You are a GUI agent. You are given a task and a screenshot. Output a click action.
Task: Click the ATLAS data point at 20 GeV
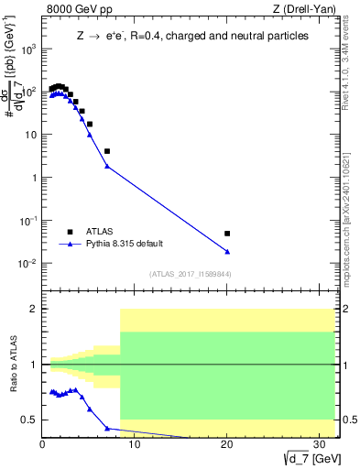pos(227,234)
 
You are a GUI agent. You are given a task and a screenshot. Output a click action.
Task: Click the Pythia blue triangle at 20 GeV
pos(227,251)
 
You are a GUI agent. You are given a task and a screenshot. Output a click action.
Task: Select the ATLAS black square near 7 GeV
pos(107,151)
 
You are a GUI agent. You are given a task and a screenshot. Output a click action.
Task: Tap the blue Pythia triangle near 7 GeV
pos(107,166)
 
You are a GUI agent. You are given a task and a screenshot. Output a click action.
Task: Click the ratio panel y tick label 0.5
pos(29,420)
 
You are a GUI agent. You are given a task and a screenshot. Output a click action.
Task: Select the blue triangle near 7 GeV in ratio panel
pos(107,428)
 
